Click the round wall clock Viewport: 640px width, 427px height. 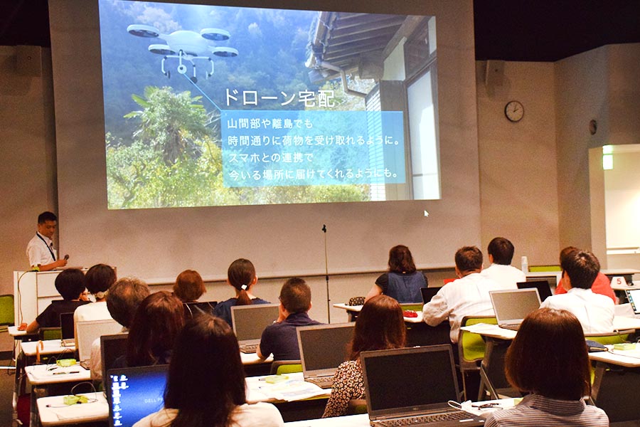(514, 111)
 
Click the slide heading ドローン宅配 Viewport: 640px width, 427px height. (279, 98)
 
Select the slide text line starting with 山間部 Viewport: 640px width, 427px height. (270, 123)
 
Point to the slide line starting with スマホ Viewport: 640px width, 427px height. (270, 157)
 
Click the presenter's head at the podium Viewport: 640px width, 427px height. (46, 223)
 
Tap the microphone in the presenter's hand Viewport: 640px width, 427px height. (66, 258)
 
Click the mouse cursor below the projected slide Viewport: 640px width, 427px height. (426, 213)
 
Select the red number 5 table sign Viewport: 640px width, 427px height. (619, 282)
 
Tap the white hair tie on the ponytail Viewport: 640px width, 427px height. (244, 287)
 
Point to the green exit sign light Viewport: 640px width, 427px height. (608, 157)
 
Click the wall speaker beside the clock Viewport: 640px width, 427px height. (494, 73)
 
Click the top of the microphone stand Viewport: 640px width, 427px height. (324, 228)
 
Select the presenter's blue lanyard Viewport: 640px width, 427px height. (46, 246)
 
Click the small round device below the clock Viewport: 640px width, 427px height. (592, 127)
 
